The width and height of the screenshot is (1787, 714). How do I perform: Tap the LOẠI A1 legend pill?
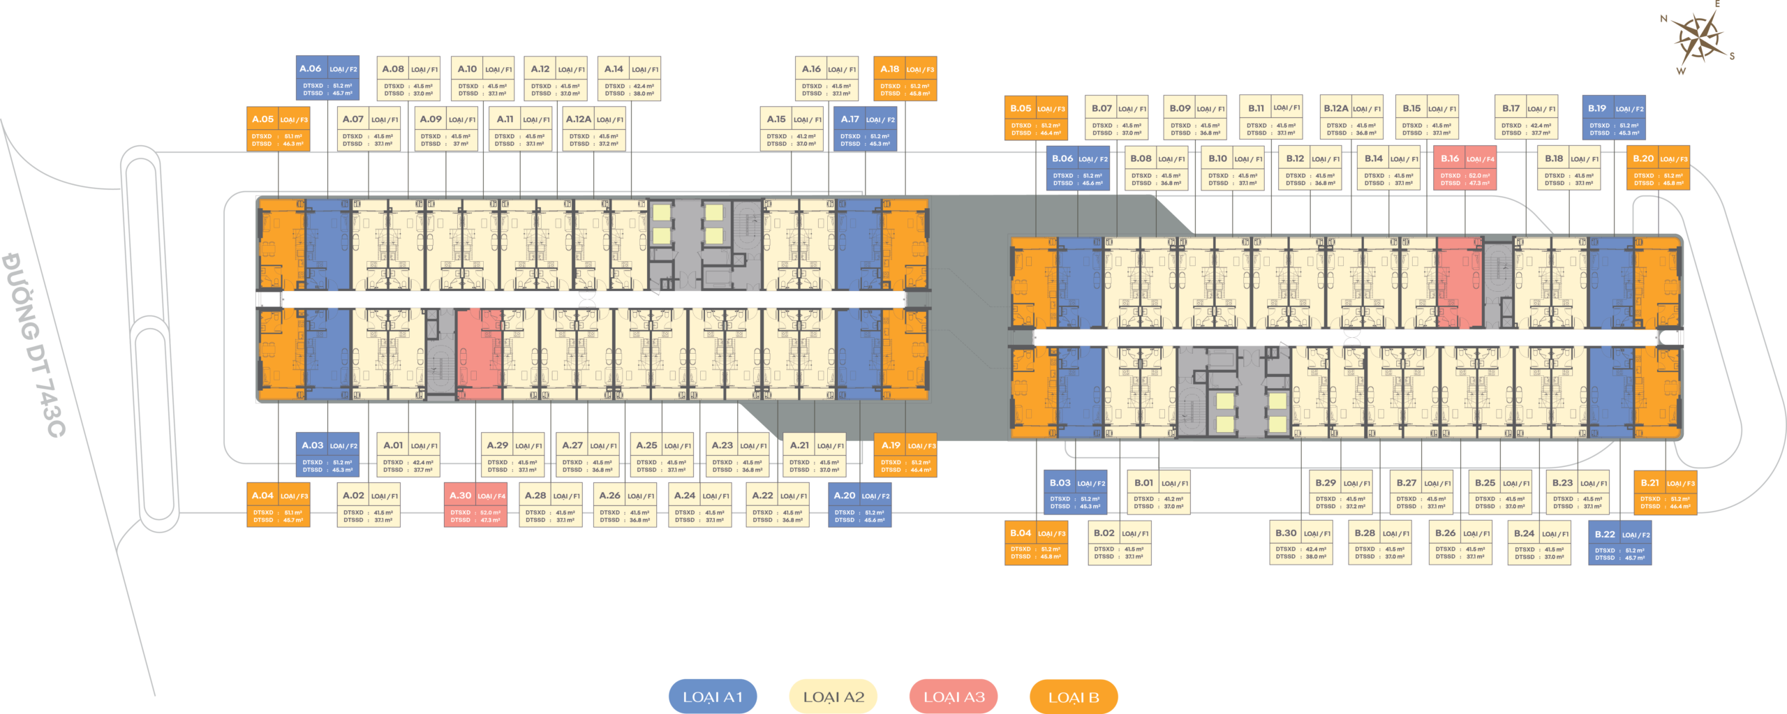(713, 696)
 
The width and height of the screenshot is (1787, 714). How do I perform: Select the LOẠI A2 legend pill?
(833, 696)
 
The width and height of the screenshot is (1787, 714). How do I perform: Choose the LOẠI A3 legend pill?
(954, 696)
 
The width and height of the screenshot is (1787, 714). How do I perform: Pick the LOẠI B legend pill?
(1074, 696)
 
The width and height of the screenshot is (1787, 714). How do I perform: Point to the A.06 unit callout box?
(327, 78)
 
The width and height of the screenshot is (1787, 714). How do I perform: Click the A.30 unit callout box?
(475, 505)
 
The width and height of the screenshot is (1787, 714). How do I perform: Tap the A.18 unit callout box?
(905, 78)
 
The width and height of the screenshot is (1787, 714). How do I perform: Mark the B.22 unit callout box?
(1619, 544)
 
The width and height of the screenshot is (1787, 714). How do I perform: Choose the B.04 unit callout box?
(1036, 542)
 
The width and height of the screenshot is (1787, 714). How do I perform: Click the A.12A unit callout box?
(594, 128)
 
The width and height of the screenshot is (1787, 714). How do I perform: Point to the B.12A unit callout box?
(1352, 118)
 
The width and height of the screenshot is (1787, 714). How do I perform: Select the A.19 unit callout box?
(905, 455)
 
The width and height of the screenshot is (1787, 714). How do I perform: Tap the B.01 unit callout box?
(1159, 492)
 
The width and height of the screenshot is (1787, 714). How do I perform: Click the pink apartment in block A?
(480, 354)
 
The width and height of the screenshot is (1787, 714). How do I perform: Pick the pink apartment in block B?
(1460, 282)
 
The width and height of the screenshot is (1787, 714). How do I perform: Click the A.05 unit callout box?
(279, 128)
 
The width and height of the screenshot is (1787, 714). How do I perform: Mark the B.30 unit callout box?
(1301, 542)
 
